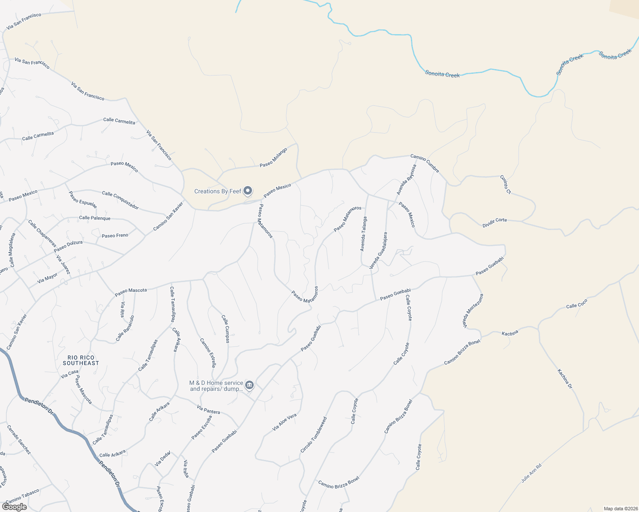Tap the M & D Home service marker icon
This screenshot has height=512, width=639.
[249, 385]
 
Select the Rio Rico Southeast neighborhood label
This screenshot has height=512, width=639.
[81, 361]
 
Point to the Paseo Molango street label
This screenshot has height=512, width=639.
[273, 158]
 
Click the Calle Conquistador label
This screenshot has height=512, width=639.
[120, 200]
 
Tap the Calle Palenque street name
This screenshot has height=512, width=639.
[95, 218]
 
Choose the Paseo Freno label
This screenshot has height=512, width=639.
[115, 236]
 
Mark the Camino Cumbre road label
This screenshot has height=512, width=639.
[425, 163]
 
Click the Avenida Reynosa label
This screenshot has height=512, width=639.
[406, 180]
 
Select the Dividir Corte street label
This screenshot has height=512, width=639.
[495, 222]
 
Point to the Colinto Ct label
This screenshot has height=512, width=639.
[505, 185]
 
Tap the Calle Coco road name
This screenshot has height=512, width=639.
[577, 304]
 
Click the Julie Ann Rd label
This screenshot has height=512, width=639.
[531, 473]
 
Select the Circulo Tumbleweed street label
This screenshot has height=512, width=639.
[314, 435]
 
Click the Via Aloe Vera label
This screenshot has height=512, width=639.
[284, 422]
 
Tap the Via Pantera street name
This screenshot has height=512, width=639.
[208, 410]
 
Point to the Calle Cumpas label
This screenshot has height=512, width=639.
[226, 329]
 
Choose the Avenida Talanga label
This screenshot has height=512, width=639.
[363, 234]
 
